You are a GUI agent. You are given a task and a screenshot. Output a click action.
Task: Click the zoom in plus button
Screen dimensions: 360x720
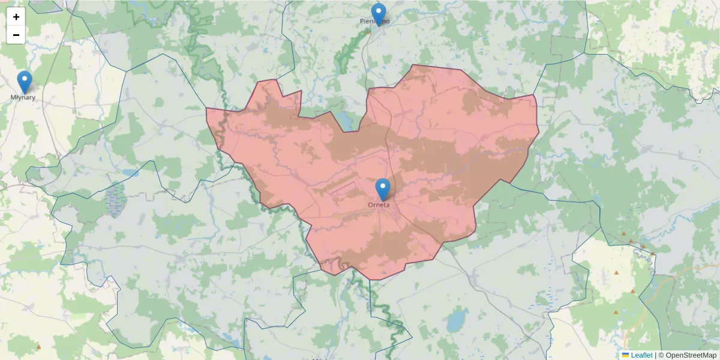16,17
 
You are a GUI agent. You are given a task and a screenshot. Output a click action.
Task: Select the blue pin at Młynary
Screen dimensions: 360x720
24,82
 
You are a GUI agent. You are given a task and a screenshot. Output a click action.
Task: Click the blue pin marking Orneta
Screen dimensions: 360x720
382,188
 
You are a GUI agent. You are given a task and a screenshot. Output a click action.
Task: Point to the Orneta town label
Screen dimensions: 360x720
379,205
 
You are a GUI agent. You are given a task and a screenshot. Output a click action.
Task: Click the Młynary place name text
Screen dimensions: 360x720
23,97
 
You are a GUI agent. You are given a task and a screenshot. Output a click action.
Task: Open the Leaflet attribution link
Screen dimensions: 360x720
641,355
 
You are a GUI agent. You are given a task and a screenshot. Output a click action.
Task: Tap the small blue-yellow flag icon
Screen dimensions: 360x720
625,355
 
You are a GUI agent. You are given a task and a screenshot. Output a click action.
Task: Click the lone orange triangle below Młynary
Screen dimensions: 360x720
39,347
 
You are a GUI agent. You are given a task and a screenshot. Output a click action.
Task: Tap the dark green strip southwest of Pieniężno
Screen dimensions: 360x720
348,54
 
